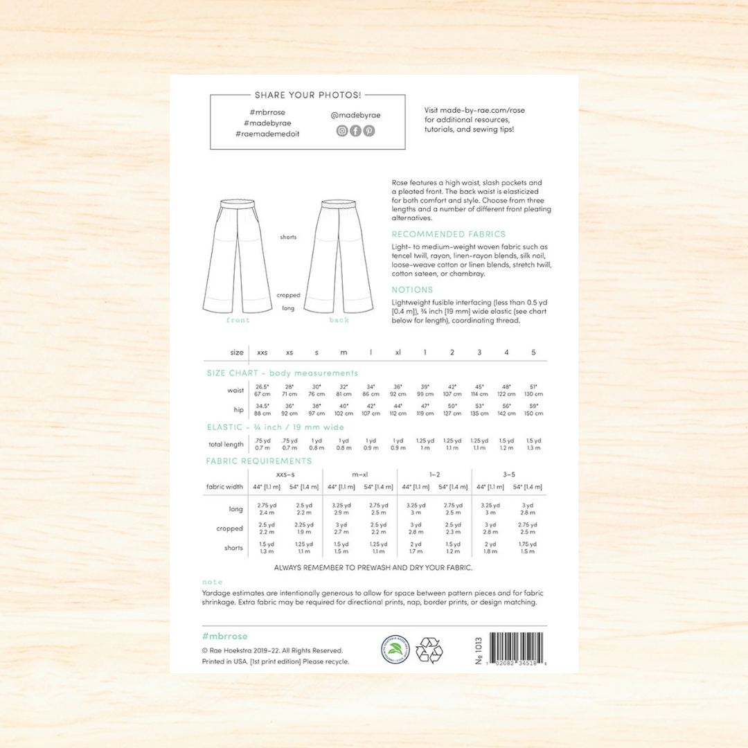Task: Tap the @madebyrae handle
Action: [355, 115]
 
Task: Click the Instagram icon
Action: [342, 131]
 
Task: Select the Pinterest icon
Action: [369, 131]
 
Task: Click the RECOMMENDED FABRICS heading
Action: [448, 234]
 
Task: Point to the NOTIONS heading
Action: [412, 290]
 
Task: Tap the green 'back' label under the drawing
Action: [339, 320]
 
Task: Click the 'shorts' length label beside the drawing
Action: [288, 237]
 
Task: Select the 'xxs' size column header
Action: [262, 353]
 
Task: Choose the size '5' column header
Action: [533, 353]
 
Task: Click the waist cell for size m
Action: [344, 390]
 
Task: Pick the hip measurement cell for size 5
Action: [533, 409]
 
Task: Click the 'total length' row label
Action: [226, 444]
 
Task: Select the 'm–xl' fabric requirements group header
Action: [359, 474]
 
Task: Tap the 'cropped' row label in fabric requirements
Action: [230, 528]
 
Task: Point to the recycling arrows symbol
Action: [429, 650]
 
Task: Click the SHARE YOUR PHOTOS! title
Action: [308, 95]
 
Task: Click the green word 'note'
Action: [212, 582]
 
